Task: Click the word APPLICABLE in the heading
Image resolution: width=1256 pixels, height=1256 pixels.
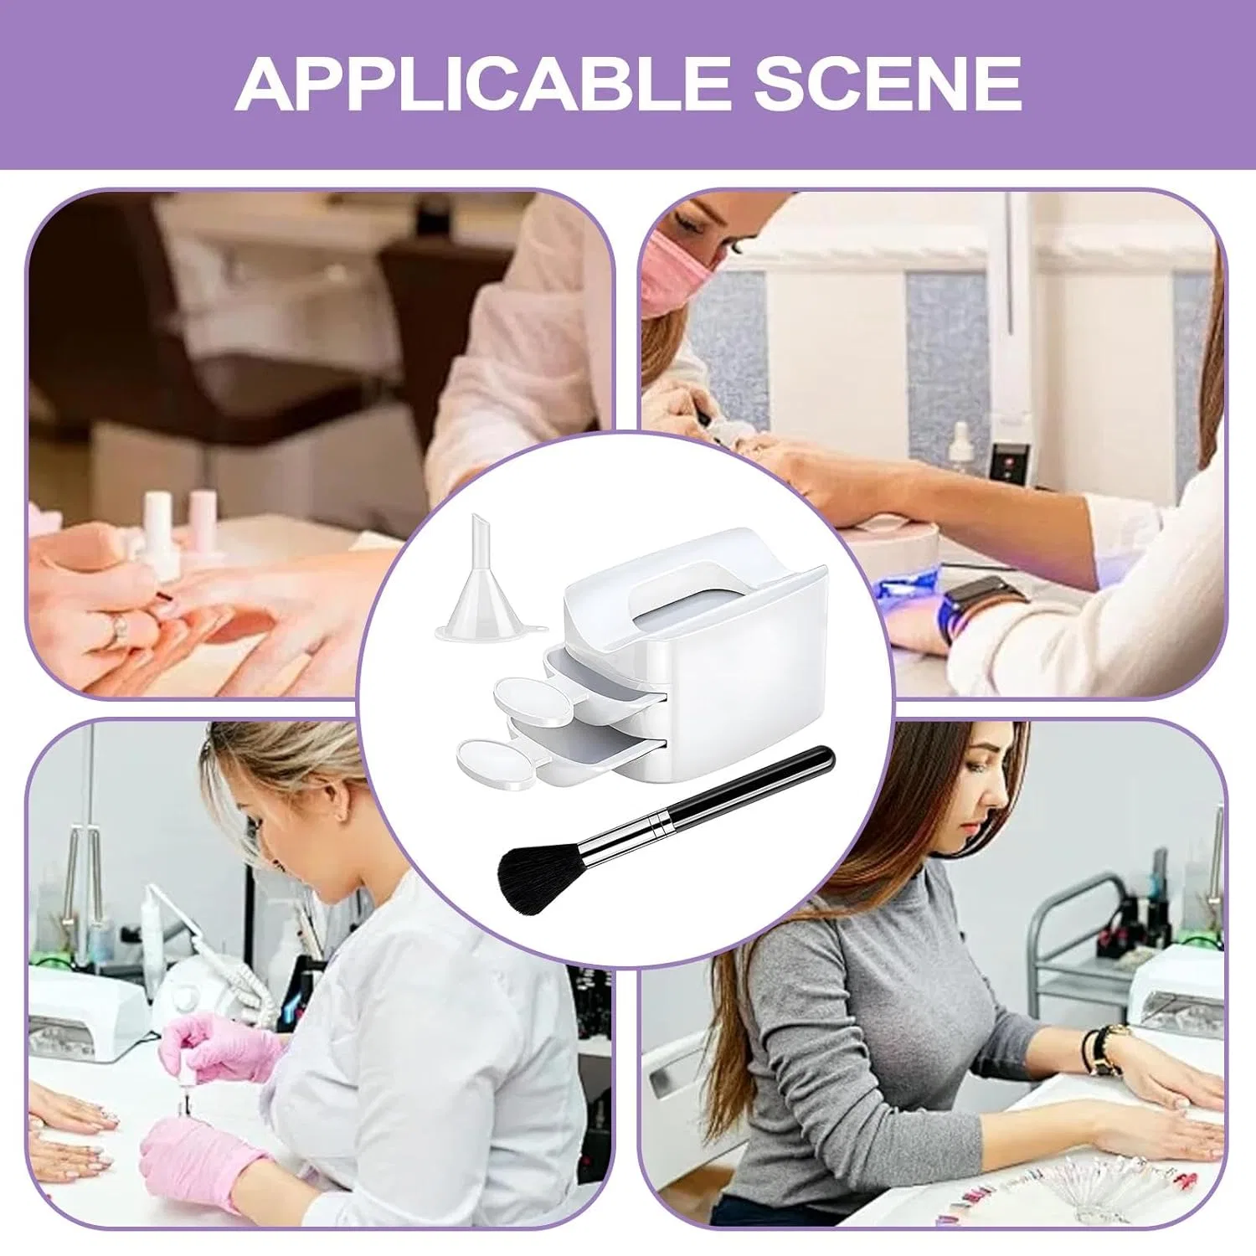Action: click(x=482, y=84)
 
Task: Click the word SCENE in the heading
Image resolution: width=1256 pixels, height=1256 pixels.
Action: click(x=888, y=84)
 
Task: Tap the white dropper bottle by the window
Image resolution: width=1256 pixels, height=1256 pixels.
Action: click(x=960, y=453)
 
